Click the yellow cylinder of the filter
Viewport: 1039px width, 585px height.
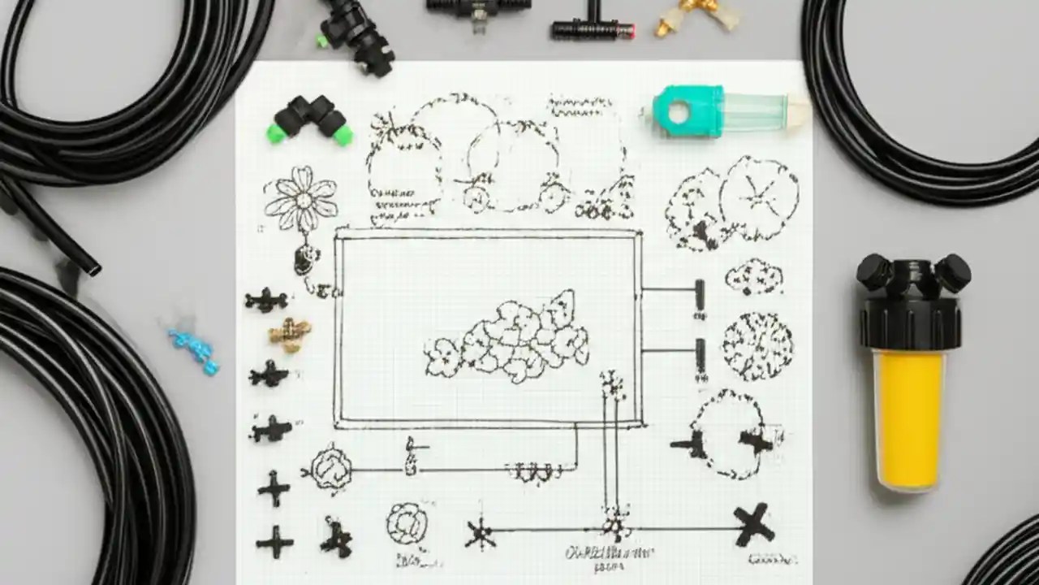pos(909,419)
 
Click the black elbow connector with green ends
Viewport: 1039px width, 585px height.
pos(308,119)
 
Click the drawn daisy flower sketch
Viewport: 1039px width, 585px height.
pos(300,199)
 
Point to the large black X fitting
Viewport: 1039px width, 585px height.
pos(753,524)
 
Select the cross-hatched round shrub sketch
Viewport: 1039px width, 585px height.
pos(757,345)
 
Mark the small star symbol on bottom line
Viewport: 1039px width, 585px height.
pos(480,533)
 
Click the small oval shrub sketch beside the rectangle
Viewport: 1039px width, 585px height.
pos(753,276)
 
